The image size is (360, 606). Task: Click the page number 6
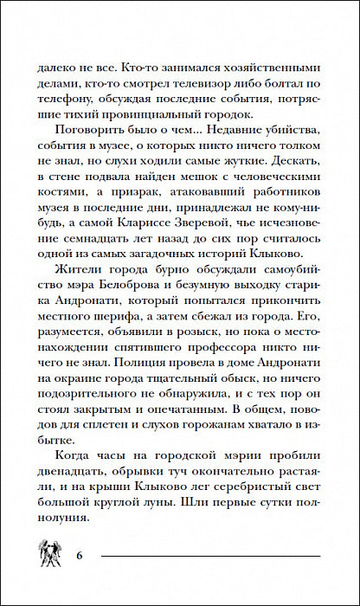pyautogui.click(x=79, y=554)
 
